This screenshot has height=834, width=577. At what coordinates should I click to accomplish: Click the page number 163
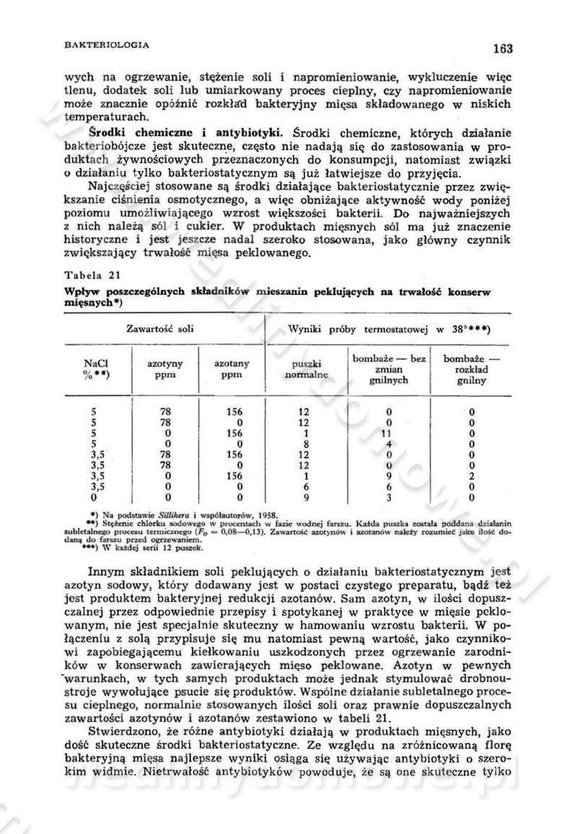[x=503, y=49]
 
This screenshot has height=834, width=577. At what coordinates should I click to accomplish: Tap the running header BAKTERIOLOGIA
[x=107, y=45]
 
